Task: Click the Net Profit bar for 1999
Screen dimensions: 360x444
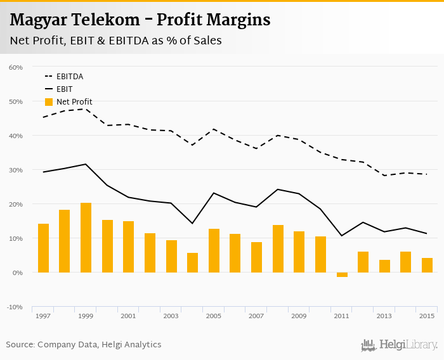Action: pyautogui.click(x=86, y=238)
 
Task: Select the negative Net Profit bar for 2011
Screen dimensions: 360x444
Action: pyautogui.click(x=342, y=274)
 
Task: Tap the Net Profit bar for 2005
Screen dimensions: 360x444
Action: pyautogui.click(x=214, y=250)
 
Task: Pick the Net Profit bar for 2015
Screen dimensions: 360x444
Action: pyautogui.click(x=427, y=265)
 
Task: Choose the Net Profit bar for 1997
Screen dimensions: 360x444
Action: pyautogui.click(x=43, y=248)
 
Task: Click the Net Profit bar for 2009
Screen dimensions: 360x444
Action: pyautogui.click(x=299, y=252)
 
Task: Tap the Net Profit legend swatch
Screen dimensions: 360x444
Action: pyautogui.click(x=49, y=101)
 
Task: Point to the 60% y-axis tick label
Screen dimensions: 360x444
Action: pyautogui.click(x=16, y=67)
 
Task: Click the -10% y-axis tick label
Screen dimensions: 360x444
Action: pyautogui.click(x=15, y=307)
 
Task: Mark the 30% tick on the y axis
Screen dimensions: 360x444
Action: pyautogui.click(x=16, y=170)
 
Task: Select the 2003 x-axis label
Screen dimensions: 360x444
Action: pyautogui.click(x=171, y=316)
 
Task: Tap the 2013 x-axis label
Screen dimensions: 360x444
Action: pyautogui.click(x=384, y=316)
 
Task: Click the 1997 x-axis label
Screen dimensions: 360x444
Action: pyautogui.click(x=43, y=316)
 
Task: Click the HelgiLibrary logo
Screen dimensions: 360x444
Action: pyautogui.click(x=399, y=345)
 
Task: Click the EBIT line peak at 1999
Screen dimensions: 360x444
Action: pyautogui.click(x=86, y=164)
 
